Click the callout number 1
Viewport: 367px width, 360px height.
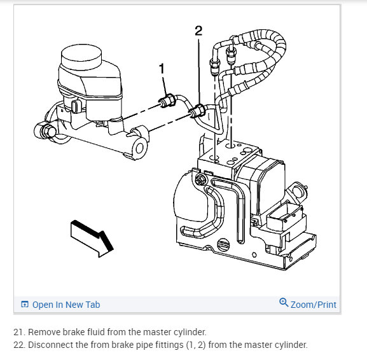pyautogui.click(x=162, y=69)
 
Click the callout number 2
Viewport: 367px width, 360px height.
pyautogui.click(x=198, y=31)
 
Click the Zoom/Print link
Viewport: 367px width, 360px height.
pyautogui.click(x=313, y=305)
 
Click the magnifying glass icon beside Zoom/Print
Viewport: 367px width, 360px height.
pyautogui.click(x=284, y=302)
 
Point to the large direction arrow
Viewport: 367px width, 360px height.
pyautogui.click(x=92, y=239)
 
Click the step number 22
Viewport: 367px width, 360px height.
pyautogui.click(x=19, y=345)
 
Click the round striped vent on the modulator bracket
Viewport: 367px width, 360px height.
pyautogui.click(x=223, y=245)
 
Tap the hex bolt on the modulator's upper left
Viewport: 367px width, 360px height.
pyautogui.click(x=200, y=179)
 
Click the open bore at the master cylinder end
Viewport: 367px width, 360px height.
pyautogui.click(x=139, y=148)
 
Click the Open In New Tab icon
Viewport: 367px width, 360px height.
pyautogui.click(x=25, y=304)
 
